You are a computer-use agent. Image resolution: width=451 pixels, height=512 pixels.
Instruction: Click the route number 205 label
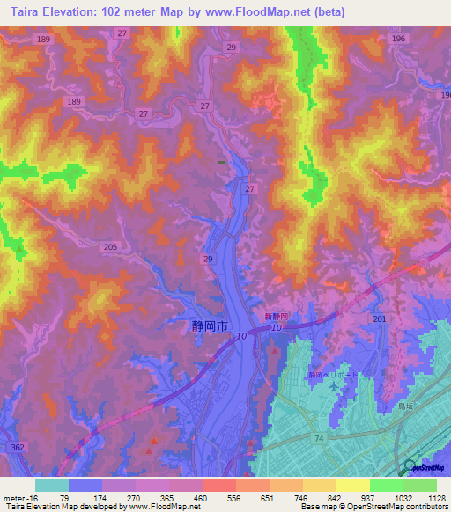(109, 248)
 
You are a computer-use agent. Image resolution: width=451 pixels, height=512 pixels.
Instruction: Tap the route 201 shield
(380, 318)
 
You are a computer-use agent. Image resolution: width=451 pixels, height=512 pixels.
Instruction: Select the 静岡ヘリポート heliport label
(328, 375)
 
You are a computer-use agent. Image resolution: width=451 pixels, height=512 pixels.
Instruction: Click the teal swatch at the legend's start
(52, 484)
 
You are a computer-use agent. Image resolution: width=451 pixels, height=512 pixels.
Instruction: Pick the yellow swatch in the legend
(352, 484)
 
